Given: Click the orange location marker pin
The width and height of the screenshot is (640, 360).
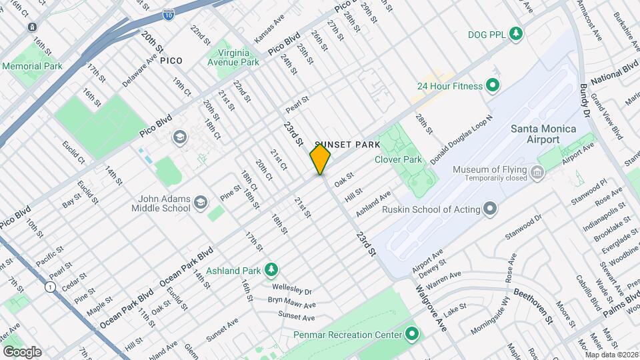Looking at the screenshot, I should point(320,159).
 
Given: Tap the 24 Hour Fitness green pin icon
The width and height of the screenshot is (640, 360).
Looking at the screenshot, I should point(493,85).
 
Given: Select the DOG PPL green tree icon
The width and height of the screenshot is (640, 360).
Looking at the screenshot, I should point(515,33).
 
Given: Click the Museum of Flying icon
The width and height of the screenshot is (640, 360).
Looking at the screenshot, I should point(537,174).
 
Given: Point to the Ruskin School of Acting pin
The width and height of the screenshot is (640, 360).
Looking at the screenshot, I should point(491,209).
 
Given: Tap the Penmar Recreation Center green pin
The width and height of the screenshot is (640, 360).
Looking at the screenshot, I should point(412,334).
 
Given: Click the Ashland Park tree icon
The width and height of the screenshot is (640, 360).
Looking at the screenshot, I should point(271,270).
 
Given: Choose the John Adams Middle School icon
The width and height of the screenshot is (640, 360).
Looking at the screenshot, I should point(200,203).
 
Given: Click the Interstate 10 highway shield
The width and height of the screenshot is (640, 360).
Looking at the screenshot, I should point(169,12).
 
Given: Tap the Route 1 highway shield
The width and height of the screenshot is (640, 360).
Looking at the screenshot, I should point(50,287).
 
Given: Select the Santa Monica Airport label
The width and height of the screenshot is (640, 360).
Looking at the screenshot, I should point(543,134).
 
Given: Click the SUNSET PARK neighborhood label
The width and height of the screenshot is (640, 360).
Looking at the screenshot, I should point(347,145).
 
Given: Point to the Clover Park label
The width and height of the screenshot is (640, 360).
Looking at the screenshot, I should point(398,159).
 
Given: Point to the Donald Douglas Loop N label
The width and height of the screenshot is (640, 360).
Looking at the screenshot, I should point(466,136).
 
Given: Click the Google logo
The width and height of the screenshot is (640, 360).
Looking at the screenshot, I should point(22,351).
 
